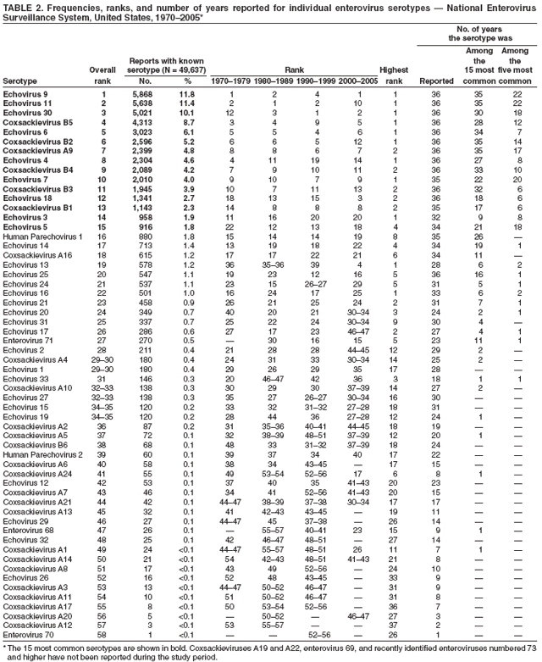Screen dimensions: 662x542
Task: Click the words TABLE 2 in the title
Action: point(22,7)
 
